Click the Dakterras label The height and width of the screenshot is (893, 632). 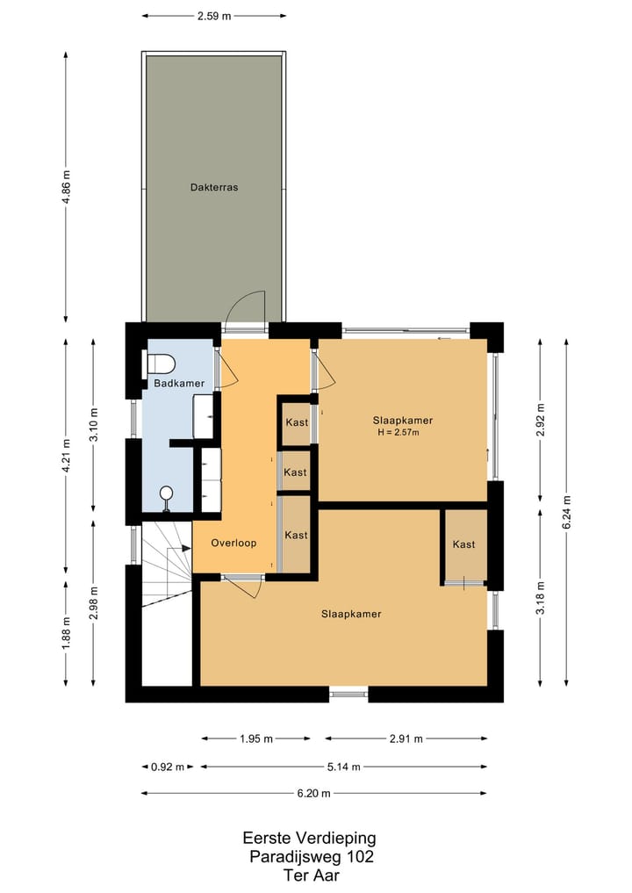click(x=214, y=187)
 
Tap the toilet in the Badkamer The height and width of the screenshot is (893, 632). click(x=162, y=363)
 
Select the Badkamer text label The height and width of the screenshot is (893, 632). click(x=179, y=384)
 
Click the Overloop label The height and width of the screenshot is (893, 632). click(x=233, y=544)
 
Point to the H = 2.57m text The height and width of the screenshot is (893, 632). click(x=399, y=432)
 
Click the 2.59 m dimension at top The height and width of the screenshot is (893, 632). click(x=214, y=15)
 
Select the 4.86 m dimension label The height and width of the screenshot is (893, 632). click(x=66, y=186)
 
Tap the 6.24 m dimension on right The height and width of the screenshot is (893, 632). click(x=566, y=512)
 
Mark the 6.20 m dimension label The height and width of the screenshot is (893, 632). click(x=313, y=794)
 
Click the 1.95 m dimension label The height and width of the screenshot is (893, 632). click(x=256, y=739)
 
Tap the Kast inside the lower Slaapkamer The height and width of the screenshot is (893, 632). click(x=463, y=544)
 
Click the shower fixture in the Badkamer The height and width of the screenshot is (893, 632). click(x=166, y=495)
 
